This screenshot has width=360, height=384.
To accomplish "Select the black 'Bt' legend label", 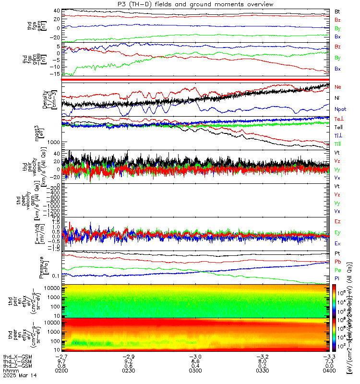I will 337,11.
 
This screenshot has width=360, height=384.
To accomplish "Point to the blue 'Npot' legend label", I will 340,109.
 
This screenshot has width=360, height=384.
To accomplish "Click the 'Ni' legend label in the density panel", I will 337,98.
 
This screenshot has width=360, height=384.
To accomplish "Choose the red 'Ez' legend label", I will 337,221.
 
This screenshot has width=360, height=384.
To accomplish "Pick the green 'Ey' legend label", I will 337,232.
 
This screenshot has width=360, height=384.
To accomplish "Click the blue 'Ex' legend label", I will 337,243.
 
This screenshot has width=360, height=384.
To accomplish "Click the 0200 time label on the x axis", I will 68,370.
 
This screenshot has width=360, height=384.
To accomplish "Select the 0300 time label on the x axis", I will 199,370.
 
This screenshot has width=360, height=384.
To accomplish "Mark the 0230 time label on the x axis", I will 133,370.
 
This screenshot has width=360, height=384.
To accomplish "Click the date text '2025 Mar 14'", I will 16,375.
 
